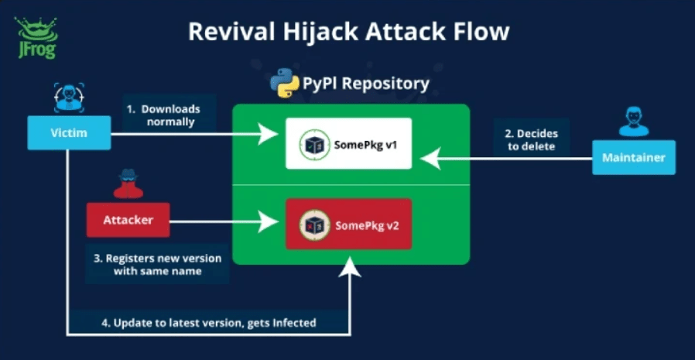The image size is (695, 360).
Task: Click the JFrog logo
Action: pyautogui.click(x=33, y=37)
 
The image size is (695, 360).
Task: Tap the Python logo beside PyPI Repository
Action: pyautogui.click(x=285, y=83)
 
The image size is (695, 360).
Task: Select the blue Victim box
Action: pyautogui.click(x=68, y=133)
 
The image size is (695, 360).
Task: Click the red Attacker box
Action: pyautogui.click(x=128, y=220)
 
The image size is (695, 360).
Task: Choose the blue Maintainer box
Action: pyautogui.click(x=633, y=157)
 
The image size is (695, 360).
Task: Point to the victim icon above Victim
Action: pyautogui.click(x=67, y=97)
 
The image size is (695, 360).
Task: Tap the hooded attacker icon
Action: pyautogui.click(x=128, y=183)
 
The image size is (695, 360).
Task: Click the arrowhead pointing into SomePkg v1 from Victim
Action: pyautogui.click(x=272, y=134)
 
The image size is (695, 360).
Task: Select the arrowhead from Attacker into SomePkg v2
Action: pyautogui.click(x=272, y=222)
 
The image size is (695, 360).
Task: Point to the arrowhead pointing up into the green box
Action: pyautogui.click(x=352, y=267)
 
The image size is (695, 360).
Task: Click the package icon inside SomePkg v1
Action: pyautogui.click(x=314, y=144)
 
